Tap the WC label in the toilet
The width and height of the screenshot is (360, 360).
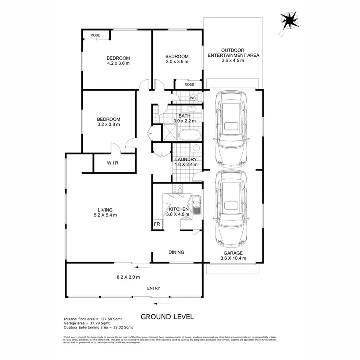192,98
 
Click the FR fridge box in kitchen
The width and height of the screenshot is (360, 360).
157,224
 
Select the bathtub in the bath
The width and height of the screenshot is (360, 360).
189,135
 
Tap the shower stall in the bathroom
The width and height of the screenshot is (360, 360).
169,132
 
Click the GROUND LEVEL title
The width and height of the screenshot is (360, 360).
167,317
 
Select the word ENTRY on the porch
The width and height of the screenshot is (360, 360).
154,288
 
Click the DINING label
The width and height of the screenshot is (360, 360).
176,252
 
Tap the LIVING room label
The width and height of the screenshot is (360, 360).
105,210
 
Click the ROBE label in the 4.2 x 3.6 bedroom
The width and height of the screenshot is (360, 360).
95,36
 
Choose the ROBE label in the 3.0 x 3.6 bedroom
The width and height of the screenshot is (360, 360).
189,85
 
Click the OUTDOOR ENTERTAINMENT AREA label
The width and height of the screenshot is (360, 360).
233,52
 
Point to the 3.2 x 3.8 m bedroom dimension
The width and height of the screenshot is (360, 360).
108,124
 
